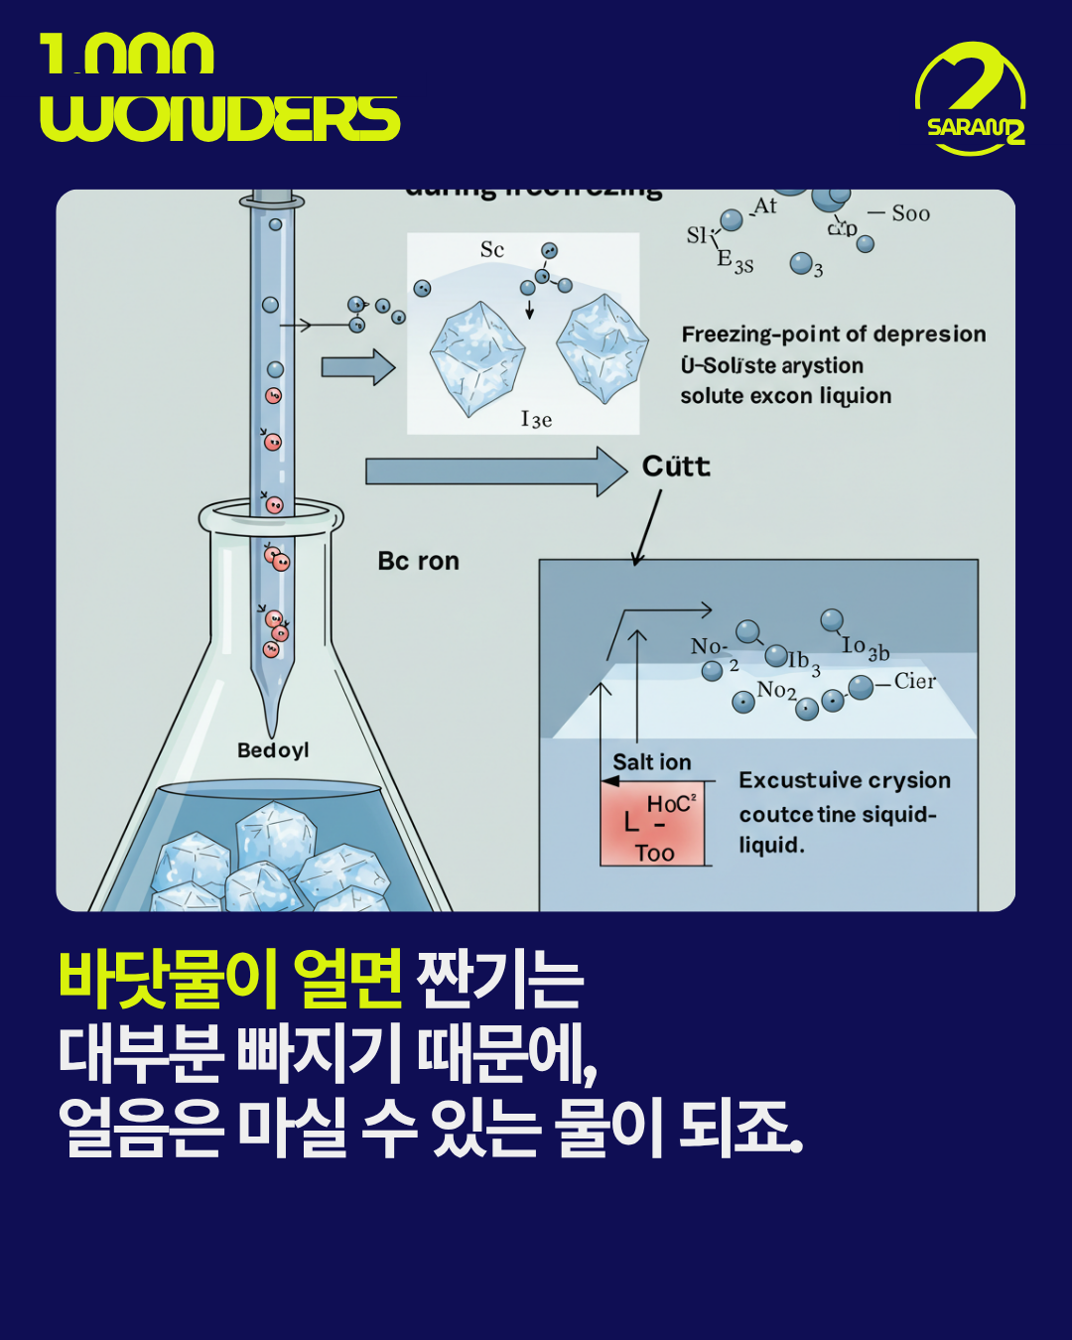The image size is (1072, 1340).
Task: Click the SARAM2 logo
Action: tap(970, 99)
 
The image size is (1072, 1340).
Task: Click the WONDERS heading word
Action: tap(219, 118)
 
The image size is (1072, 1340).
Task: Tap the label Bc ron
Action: tap(418, 561)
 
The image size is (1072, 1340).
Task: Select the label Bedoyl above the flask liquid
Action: tap(273, 750)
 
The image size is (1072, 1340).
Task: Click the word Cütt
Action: tap(676, 467)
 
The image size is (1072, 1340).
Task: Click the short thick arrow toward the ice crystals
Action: tap(358, 366)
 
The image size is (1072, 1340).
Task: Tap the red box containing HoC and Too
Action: tap(653, 823)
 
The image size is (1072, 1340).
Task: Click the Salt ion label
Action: tap(651, 762)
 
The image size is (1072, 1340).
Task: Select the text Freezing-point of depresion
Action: tap(833, 335)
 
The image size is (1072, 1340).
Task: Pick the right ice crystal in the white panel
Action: tap(602, 347)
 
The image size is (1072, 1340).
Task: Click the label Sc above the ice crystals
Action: tap(492, 249)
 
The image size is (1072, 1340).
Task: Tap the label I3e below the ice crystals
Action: tap(536, 419)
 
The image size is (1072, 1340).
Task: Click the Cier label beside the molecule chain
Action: tap(914, 681)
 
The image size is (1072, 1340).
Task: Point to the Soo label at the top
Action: tap(910, 213)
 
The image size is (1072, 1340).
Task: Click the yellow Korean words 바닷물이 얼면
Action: tap(230, 978)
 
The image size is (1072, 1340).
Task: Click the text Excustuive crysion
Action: tap(844, 780)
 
